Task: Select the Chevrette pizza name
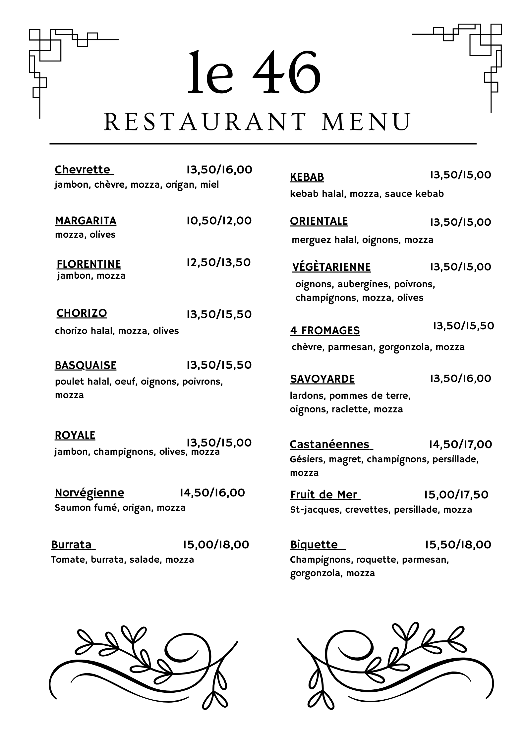click(83, 170)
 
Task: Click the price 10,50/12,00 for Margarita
click(219, 221)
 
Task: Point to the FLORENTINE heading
click(89, 264)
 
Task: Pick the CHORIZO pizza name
click(82, 313)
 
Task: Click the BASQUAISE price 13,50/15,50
click(219, 365)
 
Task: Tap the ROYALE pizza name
click(75, 435)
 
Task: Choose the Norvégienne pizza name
click(89, 493)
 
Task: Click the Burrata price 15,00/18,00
click(216, 545)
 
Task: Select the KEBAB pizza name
click(307, 177)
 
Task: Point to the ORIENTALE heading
click(319, 221)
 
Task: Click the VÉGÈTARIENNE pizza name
click(331, 267)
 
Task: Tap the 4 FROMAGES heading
click(325, 331)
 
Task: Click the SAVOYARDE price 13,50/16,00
click(460, 378)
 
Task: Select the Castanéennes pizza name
click(329, 444)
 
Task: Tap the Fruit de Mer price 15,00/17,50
click(456, 495)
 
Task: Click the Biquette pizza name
click(314, 545)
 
